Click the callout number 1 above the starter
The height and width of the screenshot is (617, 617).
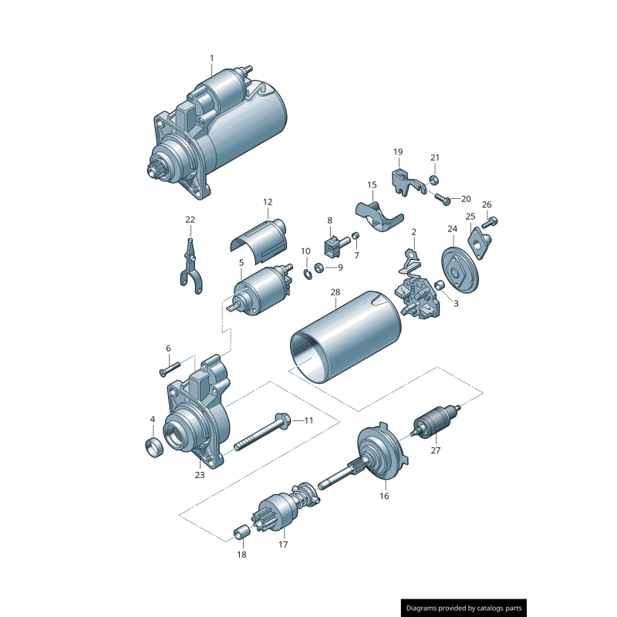point(212,58)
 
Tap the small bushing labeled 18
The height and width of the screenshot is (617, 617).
point(241,531)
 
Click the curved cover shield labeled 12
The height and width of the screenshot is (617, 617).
point(261,237)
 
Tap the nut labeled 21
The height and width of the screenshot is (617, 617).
point(434,180)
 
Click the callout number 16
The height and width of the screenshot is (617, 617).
point(384,497)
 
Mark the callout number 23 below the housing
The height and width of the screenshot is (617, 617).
point(200,475)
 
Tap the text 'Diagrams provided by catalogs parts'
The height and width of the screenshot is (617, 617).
point(464,609)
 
